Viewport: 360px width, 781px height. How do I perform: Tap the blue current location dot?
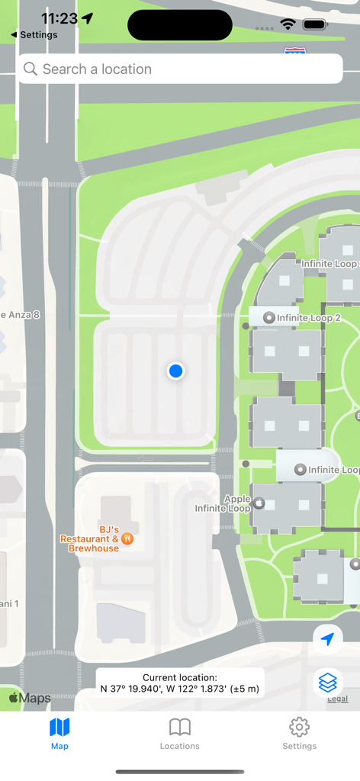pyautogui.click(x=175, y=371)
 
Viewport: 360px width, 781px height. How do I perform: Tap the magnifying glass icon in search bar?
pyautogui.click(x=31, y=69)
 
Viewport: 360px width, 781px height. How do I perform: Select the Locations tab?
pyautogui.click(x=180, y=734)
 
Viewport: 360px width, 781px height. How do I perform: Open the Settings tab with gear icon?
pyautogui.click(x=299, y=734)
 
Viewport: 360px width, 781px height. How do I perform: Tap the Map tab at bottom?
pyautogui.click(x=59, y=734)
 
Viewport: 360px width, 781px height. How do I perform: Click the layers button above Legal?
pyautogui.click(x=328, y=681)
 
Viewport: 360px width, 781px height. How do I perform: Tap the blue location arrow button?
pyautogui.click(x=328, y=639)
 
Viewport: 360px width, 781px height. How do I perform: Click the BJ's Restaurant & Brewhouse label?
pyautogui.click(x=89, y=538)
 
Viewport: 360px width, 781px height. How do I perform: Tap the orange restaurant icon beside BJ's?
pyautogui.click(x=127, y=538)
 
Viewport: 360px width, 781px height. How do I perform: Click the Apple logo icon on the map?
pyautogui.click(x=259, y=503)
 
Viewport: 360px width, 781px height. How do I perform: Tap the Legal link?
pyautogui.click(x=337, y=699)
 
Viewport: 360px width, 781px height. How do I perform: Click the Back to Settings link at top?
pyautogui.click(x=34, y=35)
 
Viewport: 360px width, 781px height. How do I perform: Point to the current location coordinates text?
pyautogui.click(x=180, y=683)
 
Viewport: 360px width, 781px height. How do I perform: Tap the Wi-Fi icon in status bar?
pyautogui.click(x=288, y=24)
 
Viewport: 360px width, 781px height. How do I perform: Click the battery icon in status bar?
pyautogui.click(x=315, y=24)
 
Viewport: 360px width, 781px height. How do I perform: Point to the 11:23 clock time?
pyautogui.click(x=59, y=18)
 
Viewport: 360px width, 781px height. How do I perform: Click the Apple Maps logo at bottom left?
pyautogui.click(x=30, y=698)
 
